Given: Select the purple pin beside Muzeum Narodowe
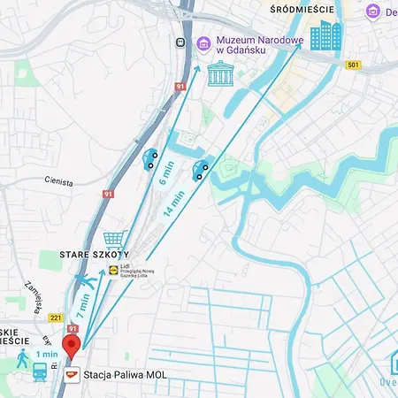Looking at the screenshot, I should tap(203, 42).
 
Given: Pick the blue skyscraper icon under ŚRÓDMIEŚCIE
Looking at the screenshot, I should tap(325, 36).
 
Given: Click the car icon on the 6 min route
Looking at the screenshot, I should tap(151, 159).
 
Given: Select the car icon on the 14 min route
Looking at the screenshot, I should tap(202, 169).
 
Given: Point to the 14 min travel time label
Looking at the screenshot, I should tap(173, 203).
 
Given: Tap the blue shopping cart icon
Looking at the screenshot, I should tap(113, 240).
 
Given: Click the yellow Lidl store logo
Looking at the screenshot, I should tap(113, 270).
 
